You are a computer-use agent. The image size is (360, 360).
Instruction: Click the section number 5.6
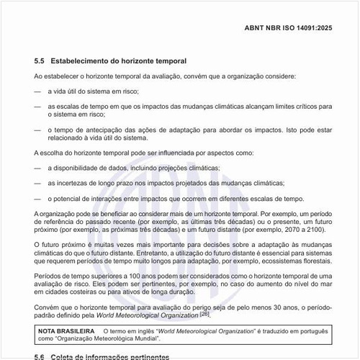pyautogui.click(x=41, y=356)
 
